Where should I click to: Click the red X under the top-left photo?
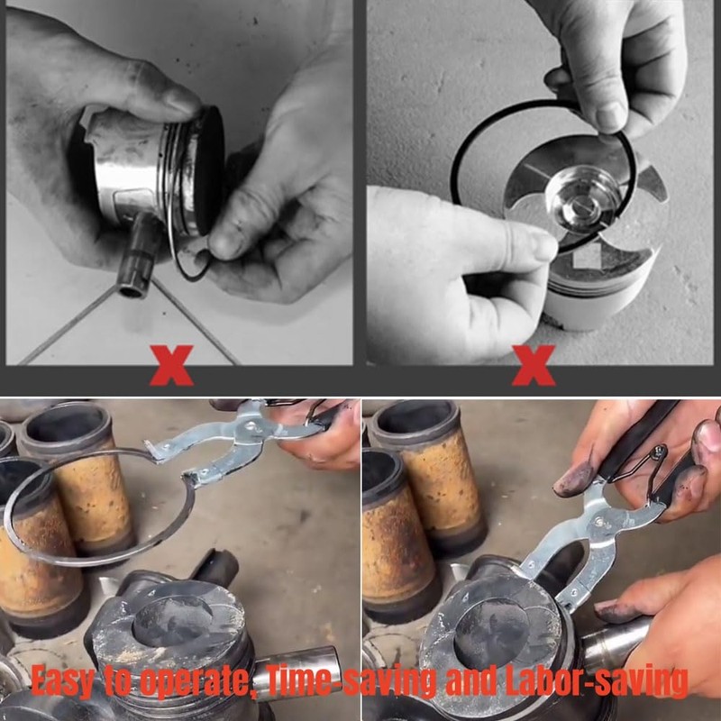(x=171, y=364)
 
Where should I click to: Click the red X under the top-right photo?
(x=534, y=364)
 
